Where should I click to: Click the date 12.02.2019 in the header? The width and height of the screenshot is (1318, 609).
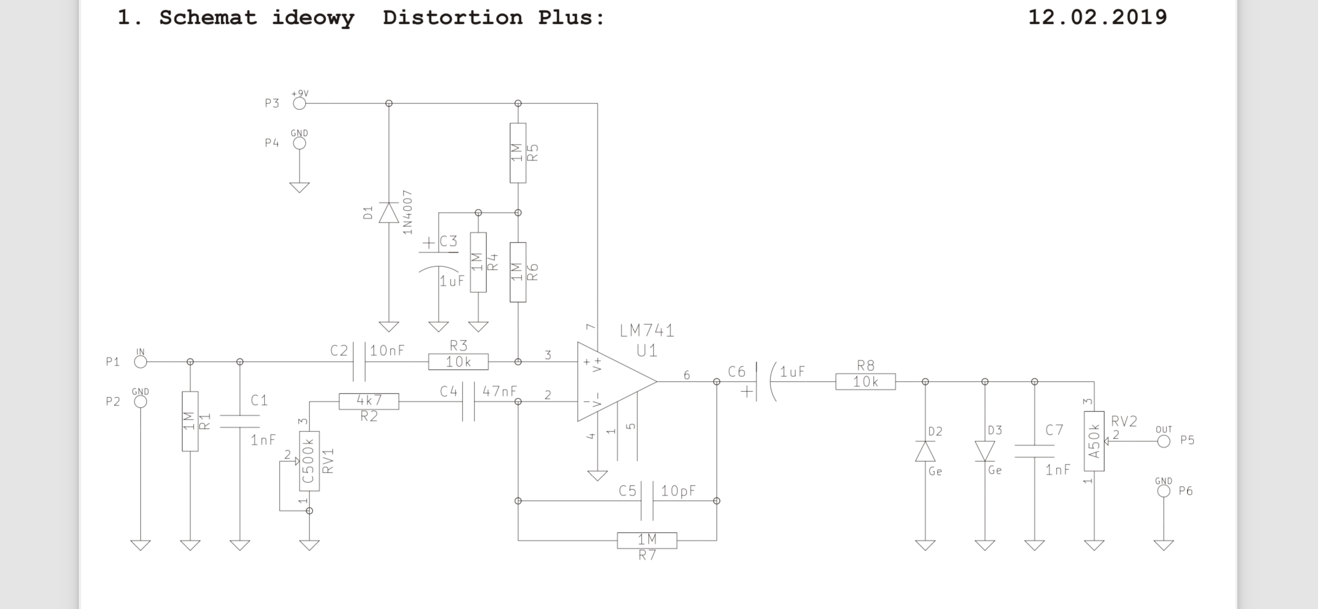pyautogui.click(x=1097, y=17)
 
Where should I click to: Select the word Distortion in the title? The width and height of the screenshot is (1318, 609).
pyautogui.click(x=453, y=17)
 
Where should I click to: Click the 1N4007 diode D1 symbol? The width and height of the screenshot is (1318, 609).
pyautogui.click(x=388, y=212)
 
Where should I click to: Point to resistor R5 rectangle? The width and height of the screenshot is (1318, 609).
pyautogui.click(x=518, y=153)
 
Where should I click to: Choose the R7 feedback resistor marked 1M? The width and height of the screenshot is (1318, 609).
pyautogui.click(x=647, y=540)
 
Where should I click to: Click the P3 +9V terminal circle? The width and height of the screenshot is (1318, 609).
pyautogui.click(x=299, y=103)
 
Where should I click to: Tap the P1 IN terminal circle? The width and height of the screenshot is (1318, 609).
pyautogui.click(x=141, y=362)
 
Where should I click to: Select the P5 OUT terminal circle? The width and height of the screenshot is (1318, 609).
pyautogui.click(x=1164, y=441)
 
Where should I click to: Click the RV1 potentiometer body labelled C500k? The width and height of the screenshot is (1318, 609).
pyautogui.click(x=309, y=461)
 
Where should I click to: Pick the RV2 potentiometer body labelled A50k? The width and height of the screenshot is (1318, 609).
pyautogui.click(x=1094, y=441)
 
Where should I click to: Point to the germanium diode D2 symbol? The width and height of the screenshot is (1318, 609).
pyautogui.click(x=925, y=451)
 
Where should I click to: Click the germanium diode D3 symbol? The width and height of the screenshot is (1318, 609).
pyautogui.click(x=985, y=451)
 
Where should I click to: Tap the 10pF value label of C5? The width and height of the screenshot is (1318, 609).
pyautogui.click(x=678, y=491)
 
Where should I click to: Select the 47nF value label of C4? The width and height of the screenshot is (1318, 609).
pyautogui.click(x=499, y=391)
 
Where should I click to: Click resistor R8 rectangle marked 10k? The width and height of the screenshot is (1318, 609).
pyautogui.click(x=866, y=382)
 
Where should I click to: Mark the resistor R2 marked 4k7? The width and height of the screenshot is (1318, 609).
pyautogui.click(x=369, y=401)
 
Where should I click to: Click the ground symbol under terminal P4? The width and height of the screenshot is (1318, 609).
pyautogui.click(x=299, y=187)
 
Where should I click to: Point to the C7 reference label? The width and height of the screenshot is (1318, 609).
pyautogui.click(x=1055, y=430)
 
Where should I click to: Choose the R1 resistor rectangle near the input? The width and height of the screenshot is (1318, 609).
pyautogui.click(x=190, y=421)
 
